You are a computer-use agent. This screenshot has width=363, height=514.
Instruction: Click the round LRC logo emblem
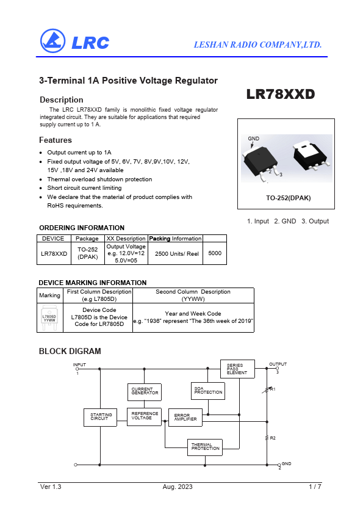point(52,41)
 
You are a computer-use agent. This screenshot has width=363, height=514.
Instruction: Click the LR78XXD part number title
point(281,94)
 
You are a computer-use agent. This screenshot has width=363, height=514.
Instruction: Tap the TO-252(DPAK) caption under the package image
point(289,198)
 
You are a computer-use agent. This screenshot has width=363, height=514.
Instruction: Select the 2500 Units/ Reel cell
point(177,254)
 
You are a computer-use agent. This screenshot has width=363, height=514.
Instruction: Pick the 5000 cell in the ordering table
point(215,253)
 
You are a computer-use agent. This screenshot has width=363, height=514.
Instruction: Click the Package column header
point(87,239)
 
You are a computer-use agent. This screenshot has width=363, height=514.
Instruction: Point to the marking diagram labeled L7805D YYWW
point(49,317)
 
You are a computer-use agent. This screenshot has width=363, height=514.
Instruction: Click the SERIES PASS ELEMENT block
point(237,369)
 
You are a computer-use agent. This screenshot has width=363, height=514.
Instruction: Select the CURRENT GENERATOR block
point(145,392)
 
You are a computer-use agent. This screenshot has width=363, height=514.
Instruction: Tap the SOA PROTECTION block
point(208,391)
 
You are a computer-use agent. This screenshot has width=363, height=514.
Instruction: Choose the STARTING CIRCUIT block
point(100,418)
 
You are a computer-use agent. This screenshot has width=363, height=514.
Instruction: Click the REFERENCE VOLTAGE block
point(144,417)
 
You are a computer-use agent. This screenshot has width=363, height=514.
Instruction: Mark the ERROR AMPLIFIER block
point(185,418)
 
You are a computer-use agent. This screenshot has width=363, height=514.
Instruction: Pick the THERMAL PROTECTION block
point(205,447)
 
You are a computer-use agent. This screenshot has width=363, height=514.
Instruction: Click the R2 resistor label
point(273,438)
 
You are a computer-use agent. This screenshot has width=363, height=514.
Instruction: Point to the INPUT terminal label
point(79,365)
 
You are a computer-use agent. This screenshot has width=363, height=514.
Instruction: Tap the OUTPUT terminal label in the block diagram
point(278,364)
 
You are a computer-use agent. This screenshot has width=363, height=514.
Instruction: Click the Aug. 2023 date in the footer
point(178,487)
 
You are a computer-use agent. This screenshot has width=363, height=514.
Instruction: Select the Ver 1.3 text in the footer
point(51,487)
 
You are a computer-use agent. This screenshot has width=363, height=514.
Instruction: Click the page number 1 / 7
point(315,487)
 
